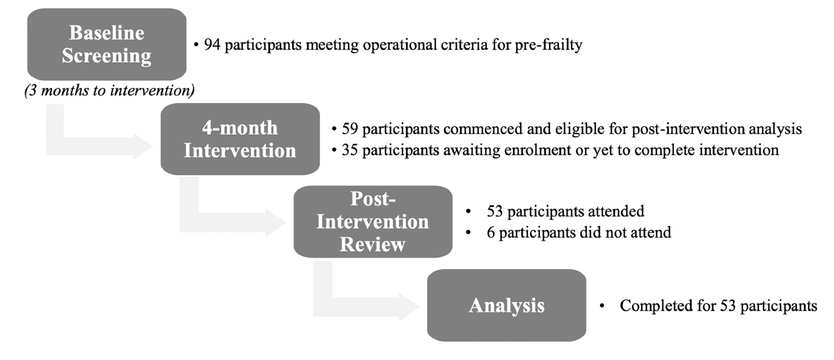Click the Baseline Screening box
(107, 44)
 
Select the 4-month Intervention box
(240, 139)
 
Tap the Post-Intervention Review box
(373, 222)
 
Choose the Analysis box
(506, 305)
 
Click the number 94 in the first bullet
(212, 44)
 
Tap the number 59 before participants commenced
(350, 128)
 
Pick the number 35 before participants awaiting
(350, 150)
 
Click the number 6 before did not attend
(491, 232)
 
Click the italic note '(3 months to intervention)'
(110, 90)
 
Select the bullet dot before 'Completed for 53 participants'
(602, 306)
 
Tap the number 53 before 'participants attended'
(495, 211)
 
